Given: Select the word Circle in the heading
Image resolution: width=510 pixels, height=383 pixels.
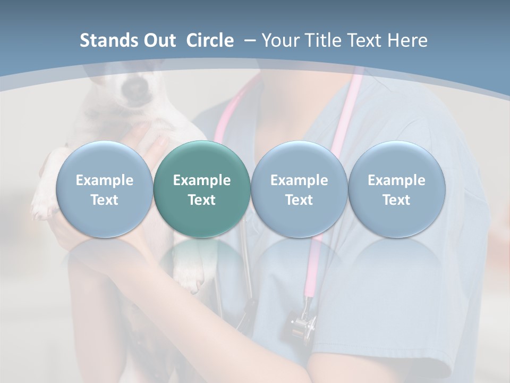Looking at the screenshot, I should (210, 40).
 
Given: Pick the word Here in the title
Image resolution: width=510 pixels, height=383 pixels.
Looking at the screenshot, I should (407, 40).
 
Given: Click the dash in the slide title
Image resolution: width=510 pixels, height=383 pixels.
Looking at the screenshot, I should (249, 40).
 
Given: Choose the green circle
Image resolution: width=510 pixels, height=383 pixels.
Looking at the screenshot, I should (202, 189).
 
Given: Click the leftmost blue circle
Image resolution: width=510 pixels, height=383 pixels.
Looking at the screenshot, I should (104, 189).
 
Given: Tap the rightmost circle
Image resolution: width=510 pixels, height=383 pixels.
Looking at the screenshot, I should (396, 189).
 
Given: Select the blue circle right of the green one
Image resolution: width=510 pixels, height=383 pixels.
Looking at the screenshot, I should (299, 189).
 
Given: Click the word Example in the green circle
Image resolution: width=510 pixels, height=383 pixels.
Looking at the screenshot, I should (202, 180).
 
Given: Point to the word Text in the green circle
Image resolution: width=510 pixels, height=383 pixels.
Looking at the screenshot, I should (202, 200).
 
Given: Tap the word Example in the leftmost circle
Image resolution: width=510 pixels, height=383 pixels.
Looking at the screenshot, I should (104, 180).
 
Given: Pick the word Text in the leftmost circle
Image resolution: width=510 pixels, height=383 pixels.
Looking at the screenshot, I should (104, 200).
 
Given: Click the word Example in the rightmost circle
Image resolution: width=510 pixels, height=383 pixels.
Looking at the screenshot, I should (396, 180).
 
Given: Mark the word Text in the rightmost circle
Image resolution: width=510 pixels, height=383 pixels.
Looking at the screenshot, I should (396, 200).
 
